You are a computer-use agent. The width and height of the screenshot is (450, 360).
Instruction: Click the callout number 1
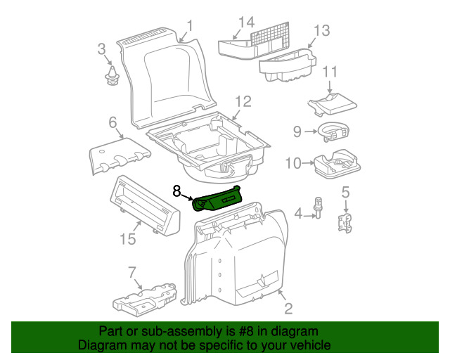point(189,28)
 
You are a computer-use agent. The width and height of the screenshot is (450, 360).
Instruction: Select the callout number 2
point(288,309)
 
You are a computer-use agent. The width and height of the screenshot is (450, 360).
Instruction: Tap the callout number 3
point(101,49)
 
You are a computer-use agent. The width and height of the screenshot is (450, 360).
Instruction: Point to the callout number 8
point(176,190)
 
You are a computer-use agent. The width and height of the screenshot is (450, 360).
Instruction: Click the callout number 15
point(127,239)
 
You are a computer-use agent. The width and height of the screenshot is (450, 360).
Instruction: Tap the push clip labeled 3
point(111,77)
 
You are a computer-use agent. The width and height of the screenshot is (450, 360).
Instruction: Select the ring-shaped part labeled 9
point(333,130)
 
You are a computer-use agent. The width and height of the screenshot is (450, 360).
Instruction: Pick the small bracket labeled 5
point(345,222)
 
